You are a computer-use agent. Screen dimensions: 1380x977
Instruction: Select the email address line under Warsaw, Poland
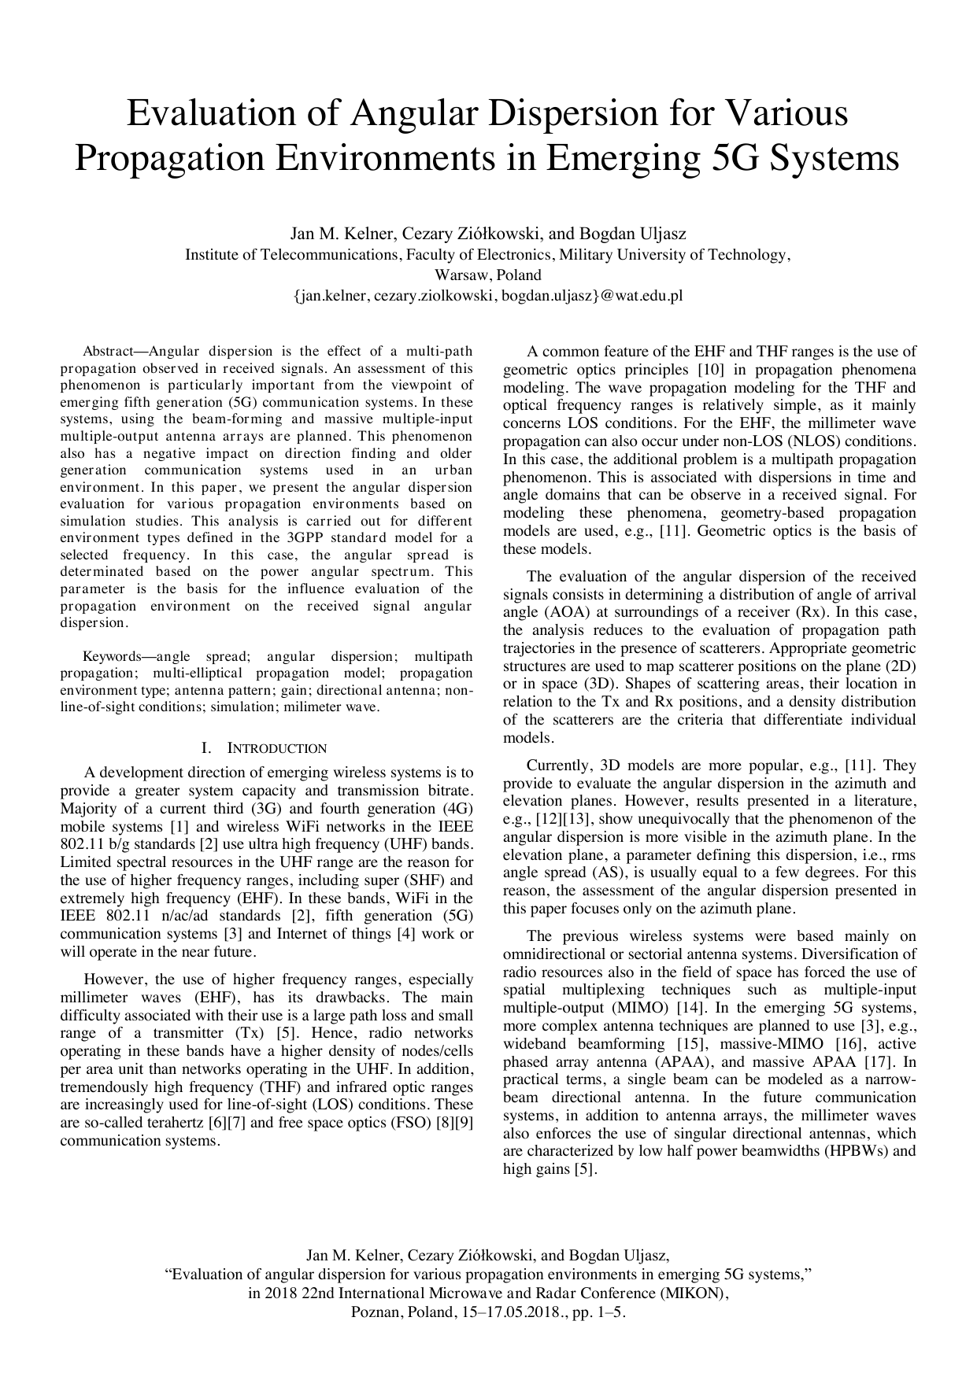point(488,296)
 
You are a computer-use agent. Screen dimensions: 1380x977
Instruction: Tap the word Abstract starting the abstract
point(110,351)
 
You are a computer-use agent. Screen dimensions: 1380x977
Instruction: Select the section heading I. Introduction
point(265,748)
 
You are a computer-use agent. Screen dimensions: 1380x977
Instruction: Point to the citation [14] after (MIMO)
point(690,1008)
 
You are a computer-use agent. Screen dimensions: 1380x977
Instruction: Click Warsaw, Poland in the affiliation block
point(488,275)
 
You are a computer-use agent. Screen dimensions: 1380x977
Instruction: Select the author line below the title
point(488,234)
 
